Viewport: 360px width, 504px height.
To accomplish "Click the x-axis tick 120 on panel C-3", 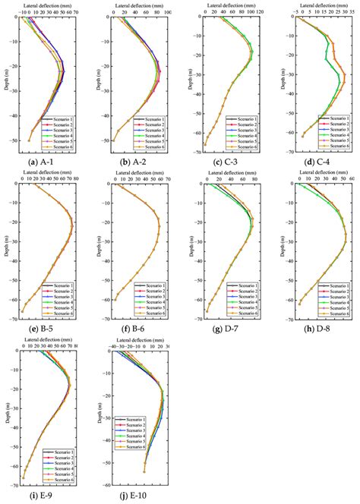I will (259, 13).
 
